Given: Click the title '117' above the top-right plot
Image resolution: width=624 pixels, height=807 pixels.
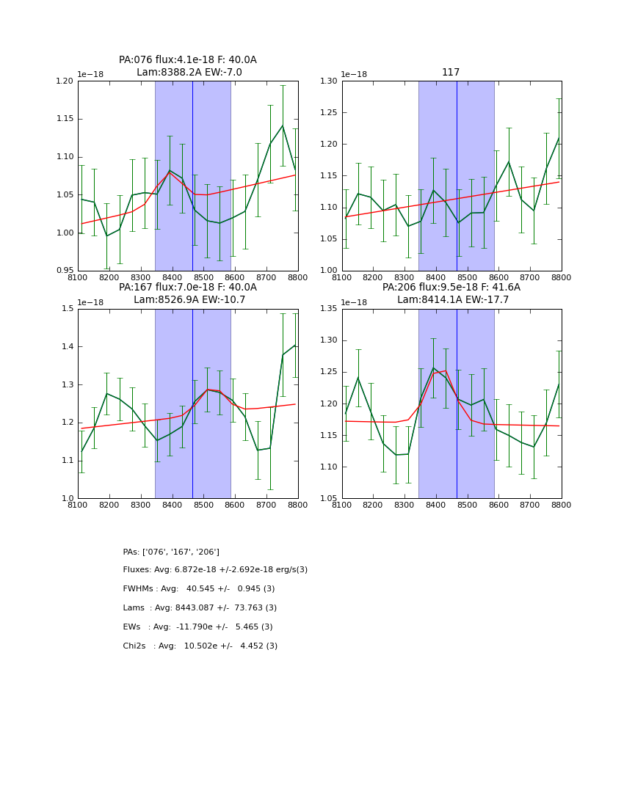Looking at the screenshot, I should [x=451, y=73].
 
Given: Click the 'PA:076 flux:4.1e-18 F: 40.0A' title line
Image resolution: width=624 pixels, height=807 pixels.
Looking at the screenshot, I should [x=188, y=60].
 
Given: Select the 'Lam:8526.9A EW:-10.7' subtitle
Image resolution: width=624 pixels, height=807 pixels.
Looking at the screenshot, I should [x=188, y=300].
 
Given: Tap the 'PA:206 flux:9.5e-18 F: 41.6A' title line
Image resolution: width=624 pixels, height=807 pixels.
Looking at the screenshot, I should [x=451, y=288].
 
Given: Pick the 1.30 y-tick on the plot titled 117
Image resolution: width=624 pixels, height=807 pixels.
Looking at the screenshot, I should [x=330, y=81].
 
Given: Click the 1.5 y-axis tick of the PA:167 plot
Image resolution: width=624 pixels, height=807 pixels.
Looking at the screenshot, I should [x=69, y=309].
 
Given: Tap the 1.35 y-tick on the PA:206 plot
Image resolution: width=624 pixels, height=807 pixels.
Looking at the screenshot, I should [x=330, y=309].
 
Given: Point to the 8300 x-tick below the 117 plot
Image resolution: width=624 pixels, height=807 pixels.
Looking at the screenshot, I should [x=404, y=277].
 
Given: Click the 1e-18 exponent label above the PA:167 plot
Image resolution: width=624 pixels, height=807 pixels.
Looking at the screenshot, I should [x=90, y=302].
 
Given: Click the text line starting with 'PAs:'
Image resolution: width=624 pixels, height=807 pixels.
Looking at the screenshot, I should [x=171, y=552].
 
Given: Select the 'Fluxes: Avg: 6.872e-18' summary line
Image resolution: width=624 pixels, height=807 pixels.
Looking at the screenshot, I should [x=215, y=570].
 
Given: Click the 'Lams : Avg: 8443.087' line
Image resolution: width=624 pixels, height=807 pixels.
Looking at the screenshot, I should [x=200, y=608].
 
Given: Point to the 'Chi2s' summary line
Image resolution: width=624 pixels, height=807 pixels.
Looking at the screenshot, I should [x=200, y=646].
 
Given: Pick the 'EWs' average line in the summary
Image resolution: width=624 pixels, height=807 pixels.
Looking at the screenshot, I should [x=197, y=627].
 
